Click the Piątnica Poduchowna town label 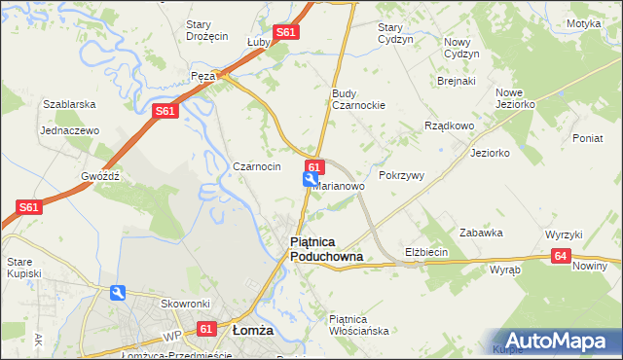(327, 248)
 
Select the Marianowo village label (340, 186)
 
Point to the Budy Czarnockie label (359, 98)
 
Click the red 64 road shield (560, 256)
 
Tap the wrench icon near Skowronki (119, 292)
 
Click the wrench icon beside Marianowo (311, 179)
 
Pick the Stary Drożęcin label (206, 29)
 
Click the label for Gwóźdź (100, 176)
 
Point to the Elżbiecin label (426, 252)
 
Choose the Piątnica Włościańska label (359, 324)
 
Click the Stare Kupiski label (24, 268)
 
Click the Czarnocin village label (257, 166)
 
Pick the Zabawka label (481, 233)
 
